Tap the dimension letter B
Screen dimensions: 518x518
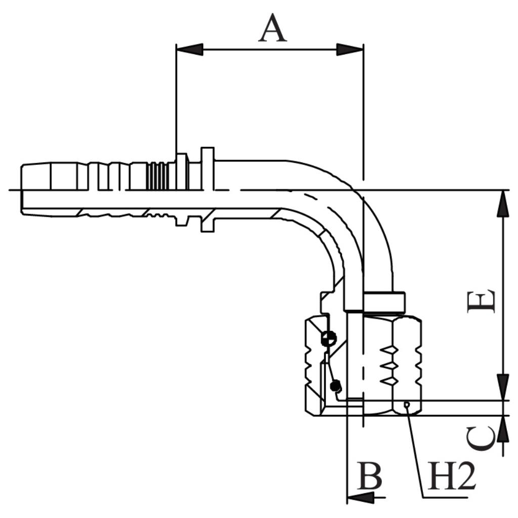point(370,476)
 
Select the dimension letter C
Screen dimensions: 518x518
point(480,438)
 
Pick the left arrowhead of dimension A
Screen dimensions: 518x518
point(190,50)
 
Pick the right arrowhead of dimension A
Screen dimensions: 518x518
point(350,50)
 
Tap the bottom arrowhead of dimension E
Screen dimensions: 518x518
point(503,387)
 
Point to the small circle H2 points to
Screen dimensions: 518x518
point(407,404)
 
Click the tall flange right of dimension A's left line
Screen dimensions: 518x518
point(207,189)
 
